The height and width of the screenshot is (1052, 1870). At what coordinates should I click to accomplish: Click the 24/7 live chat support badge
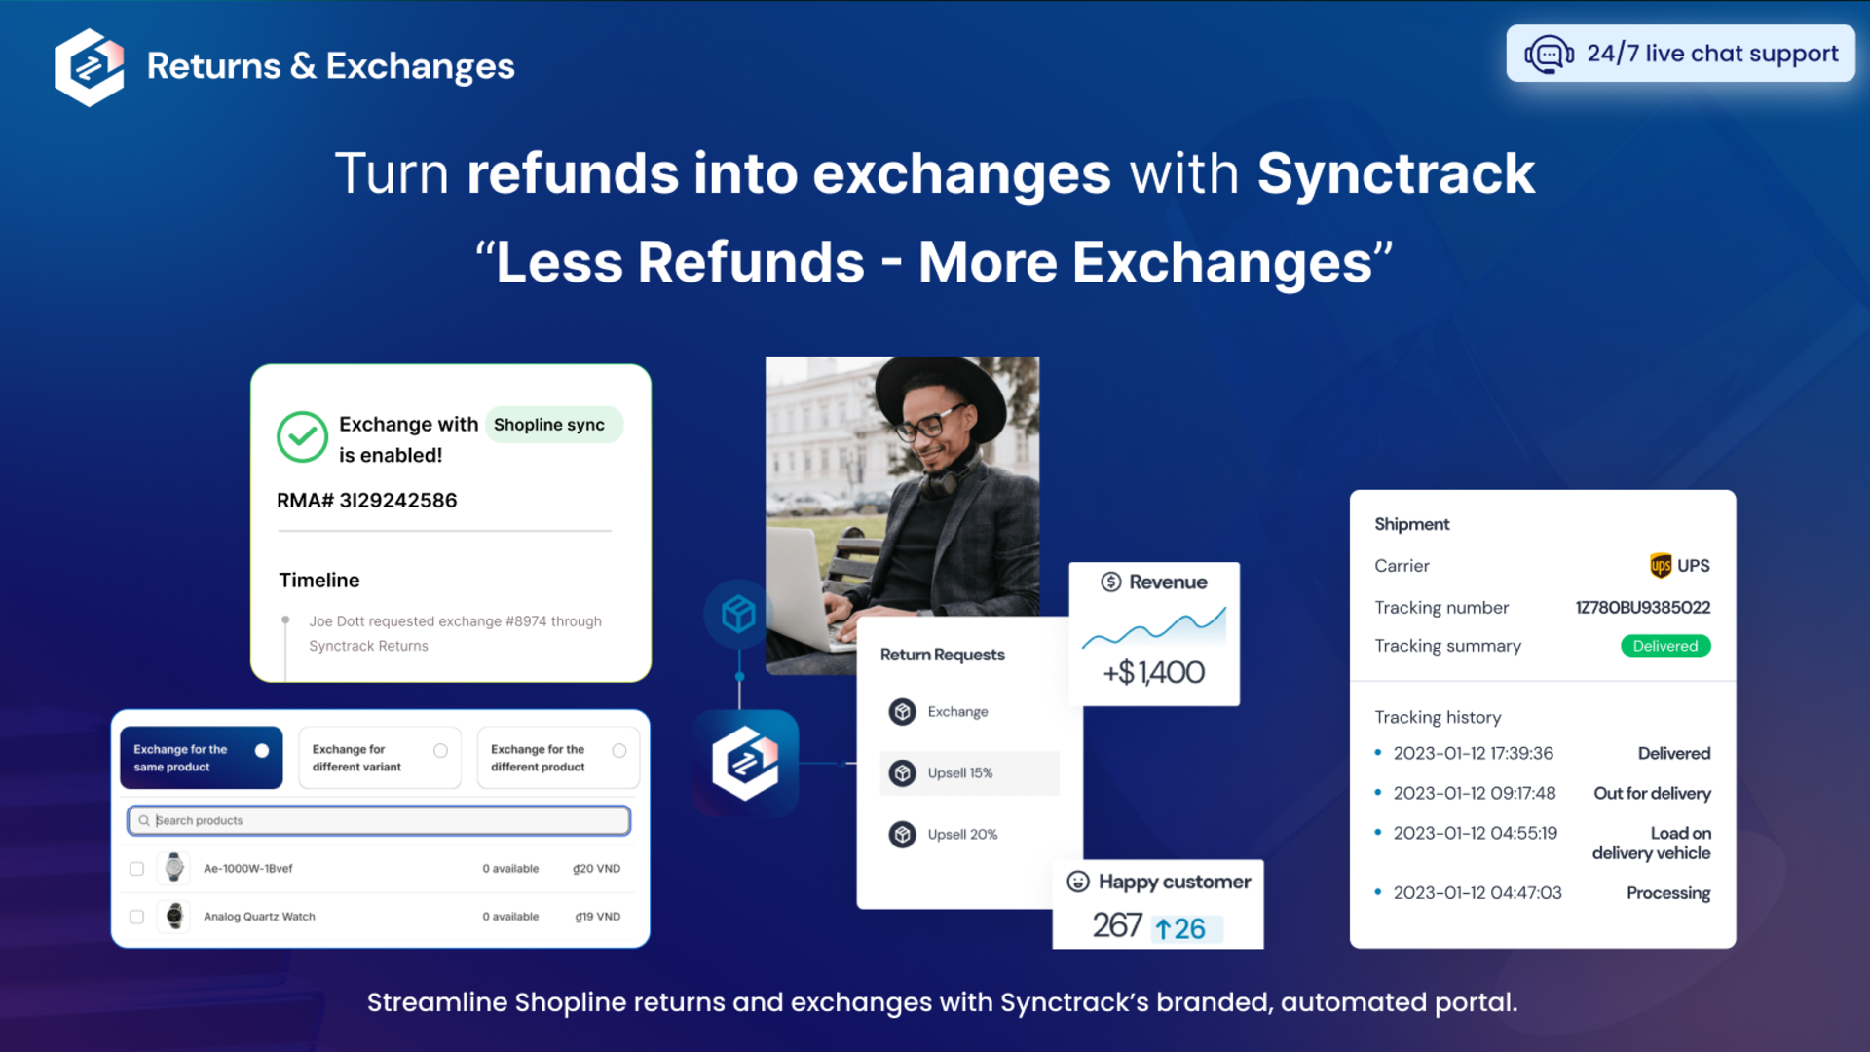click(1680, 54)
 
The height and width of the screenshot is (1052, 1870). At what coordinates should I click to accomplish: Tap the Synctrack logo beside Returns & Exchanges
click(90, 67)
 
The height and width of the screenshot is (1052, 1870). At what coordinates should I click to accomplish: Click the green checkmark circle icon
click(302, 437)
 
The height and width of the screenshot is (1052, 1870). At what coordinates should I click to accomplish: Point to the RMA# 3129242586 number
click(367, 501)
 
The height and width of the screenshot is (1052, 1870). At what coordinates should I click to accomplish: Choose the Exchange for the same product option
click(202, 758)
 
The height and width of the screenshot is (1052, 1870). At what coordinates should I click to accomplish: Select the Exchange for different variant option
click(380, 758)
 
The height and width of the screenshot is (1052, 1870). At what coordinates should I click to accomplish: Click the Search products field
click(379, 820)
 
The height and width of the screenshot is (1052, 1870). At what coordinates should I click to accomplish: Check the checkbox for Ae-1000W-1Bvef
click(136, 869)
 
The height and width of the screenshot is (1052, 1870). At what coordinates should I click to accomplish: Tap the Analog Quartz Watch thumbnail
click(174, 916)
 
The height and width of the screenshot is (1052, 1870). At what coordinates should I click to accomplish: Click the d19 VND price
click(597, 917)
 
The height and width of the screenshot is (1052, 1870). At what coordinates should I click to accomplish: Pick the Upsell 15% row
click(969, 773)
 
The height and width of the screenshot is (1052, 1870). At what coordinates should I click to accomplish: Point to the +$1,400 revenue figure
click(1154, 672)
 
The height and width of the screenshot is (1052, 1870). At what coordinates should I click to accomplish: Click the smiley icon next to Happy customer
click(1078, 882)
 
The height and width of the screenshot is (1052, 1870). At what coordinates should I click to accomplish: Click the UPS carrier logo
click(1661, 566)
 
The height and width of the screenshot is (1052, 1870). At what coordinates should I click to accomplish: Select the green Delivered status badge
click(1665, 646)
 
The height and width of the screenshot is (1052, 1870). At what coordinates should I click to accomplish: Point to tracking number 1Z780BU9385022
click(1643, 608)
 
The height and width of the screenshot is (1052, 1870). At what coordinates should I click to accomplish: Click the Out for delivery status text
click(1652, 794)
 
